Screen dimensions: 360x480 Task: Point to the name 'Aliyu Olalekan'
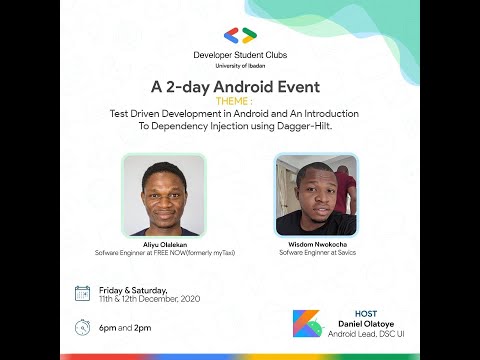pyautogui.click(x=164, y=244)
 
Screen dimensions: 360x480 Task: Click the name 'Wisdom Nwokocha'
pyautogui.click(x=315, y=244)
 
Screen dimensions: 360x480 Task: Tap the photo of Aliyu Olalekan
pyautogui.click(x=164, y=196)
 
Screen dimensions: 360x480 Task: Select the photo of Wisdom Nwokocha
pyautogui.click(x=315, y=195)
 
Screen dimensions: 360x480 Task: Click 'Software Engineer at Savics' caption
pyautogui.click(x=315, y=253)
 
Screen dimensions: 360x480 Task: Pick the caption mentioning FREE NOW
pyautogui.click(x=164, y=253)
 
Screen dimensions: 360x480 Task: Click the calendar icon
pyautogui.click(x=83, y=293)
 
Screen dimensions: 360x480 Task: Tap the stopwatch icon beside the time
pyautogui.click(x=83, y=327)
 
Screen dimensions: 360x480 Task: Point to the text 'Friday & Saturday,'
pyautogui.click(x=131, y=289)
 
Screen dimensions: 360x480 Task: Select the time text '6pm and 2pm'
pyautogui.click(x=125, y=327)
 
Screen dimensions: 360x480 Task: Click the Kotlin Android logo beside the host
pyautogui.click(x=306, y=325)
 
